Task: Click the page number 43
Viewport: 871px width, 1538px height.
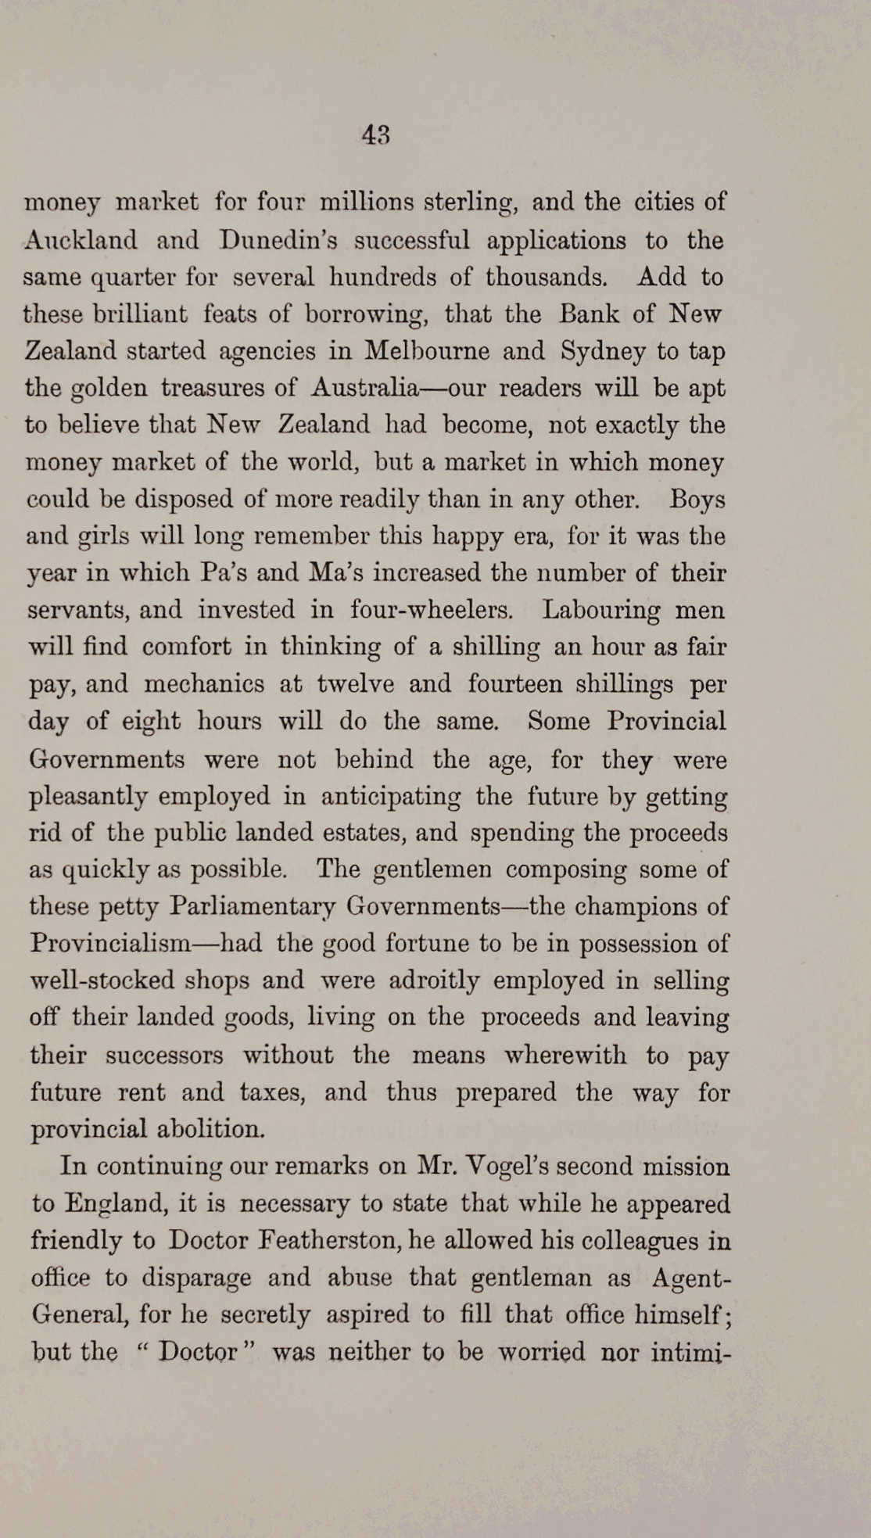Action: click(375, 135)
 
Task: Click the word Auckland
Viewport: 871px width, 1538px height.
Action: click(81, 239)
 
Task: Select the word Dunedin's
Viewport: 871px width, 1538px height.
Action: click(278, 239)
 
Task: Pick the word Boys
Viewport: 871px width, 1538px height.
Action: click(697, 499)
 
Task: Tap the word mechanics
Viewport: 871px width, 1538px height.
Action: click(204, 684)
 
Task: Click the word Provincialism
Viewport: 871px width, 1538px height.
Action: click(110, 943)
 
